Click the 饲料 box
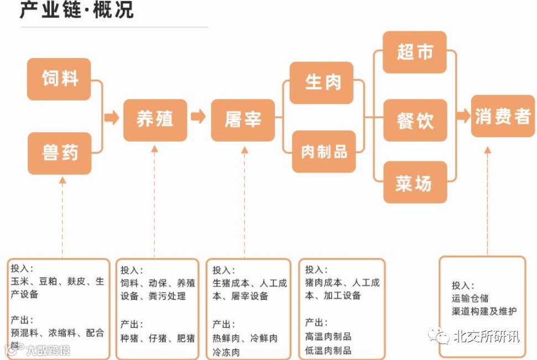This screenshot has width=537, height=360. coord(59,79)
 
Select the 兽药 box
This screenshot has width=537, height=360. coord(60,153)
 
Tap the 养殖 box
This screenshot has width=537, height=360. coord(155,119)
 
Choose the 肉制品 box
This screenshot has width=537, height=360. coord(324,152)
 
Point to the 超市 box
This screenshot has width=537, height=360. coord(414,53)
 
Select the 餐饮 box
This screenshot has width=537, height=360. coord(415,121)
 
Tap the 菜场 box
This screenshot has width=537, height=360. coord(415,183)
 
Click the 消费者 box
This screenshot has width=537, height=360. coord(503,116)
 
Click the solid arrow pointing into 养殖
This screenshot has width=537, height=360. coord(112,117)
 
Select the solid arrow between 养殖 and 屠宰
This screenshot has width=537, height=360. coord(198,117)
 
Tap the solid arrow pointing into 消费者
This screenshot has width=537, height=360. coord(463,116)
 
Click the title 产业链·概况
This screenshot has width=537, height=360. coord(77,11)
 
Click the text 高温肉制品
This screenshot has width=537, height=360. coord(328,336)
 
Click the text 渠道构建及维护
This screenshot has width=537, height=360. coord(484,311)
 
